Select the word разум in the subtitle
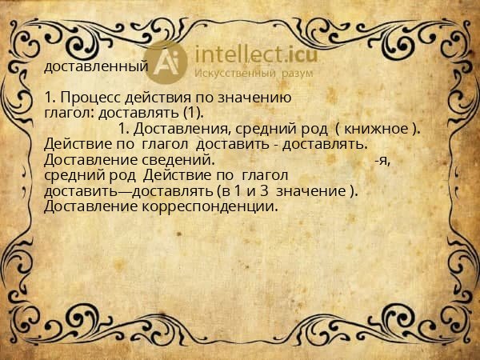pyautogui.click(x=295, y=73)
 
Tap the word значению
pyautogui.click(x=260, y=98)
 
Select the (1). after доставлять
pyautogui.click(x=189, y=112)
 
